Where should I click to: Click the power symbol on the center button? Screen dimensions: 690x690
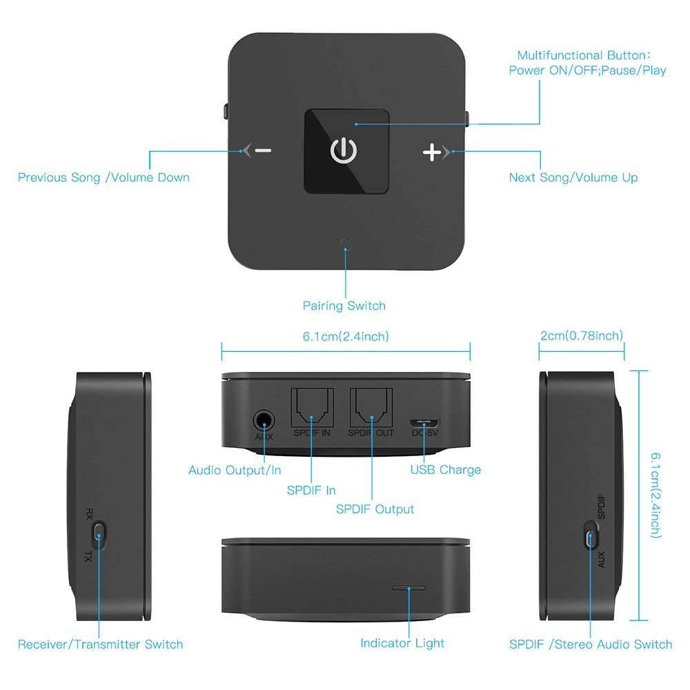pos(344,151)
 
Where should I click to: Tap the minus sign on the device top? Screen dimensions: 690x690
pos(263,151)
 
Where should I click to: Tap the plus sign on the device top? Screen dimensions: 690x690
pos(432,152)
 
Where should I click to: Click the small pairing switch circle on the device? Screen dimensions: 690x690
pos(346,245)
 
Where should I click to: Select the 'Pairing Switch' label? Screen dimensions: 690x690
pos(344,306)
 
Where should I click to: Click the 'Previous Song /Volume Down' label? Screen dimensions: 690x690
pos(104,177)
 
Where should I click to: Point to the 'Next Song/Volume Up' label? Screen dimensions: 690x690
pos(573,177)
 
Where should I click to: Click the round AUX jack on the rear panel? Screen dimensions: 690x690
pos(264,421)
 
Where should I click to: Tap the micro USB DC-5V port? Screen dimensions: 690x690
pos(424,424)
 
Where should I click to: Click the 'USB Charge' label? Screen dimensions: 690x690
pos(445,470)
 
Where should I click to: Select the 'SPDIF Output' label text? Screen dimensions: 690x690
pos(375,509)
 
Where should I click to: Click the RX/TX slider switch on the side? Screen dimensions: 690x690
pos(99,535)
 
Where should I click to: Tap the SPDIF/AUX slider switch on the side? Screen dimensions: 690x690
pos(591,535)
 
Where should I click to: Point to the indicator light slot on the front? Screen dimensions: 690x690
pos(408,587)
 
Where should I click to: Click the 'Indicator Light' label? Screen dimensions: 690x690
pos(402,643)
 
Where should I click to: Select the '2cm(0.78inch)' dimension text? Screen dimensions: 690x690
pos(582,336)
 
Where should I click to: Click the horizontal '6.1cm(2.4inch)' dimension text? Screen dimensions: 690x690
pos(346,337)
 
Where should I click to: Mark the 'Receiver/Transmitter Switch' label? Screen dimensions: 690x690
pos(100,644)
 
